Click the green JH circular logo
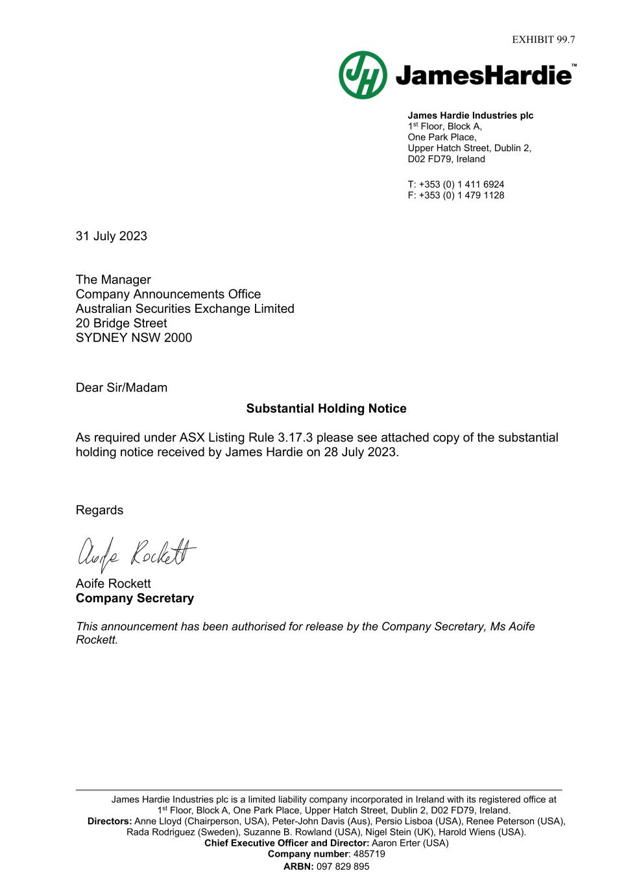pos(363,75)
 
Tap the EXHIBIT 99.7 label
pos(543,40)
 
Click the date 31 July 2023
pos(112,236)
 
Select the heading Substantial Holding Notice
pos(326,409)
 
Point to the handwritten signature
pos(136,554)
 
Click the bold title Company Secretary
pos(135,598)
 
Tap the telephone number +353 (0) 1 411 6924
pos(461,184)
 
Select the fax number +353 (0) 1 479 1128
pos(461,195)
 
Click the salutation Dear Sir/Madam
pos(121,388)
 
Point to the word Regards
pos(99,510)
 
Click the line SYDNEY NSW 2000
pos(134,338)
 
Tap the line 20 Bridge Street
pos(121,323)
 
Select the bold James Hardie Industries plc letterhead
pos(470,116)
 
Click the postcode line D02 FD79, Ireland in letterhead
pos(446,159)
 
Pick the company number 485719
pos(369,854)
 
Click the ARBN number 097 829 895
pos(343,867)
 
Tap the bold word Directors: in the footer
pos(110,822)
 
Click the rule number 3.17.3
pos(295,438)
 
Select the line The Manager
pos(114,280)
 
